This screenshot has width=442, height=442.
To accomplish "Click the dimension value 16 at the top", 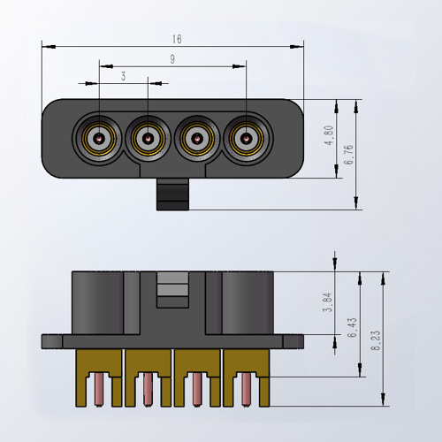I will pyautogui.click(x=178, y=39).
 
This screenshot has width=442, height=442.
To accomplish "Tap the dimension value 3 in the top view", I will pyautogui.click(x=124, y=78).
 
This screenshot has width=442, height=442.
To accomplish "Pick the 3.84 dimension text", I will pyautogui.click(x=328, y=302).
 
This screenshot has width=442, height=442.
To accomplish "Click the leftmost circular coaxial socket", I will pyautogui.click(x=99, y=138).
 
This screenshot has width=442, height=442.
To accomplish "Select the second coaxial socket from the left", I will pyautogui.click(x=148, y=138).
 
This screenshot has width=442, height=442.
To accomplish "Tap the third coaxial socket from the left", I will pyautogui.click(x=195, y=138).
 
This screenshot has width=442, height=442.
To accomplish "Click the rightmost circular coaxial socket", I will pyautogui.click(x=245, y=138).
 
